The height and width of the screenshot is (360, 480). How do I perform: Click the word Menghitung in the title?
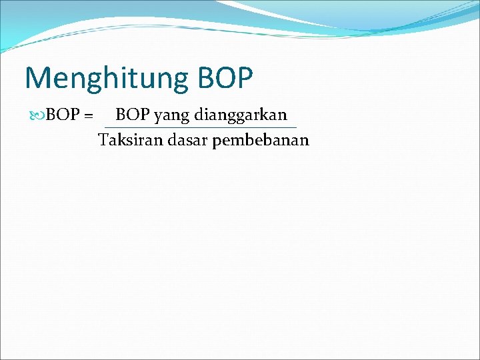pyautogui.click(x=107, y=78)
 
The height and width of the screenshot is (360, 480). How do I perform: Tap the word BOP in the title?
pyautogui.click(x=225, y=77)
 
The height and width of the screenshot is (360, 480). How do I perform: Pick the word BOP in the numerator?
pyautogui.click(x=133, y=115)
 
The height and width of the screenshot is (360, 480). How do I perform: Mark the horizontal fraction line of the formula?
pyautogui.click(x=200, y=127)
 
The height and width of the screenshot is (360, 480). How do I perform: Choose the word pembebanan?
pyautogui.click(x=261, y=141)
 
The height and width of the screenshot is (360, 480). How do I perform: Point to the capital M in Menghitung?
pyautogui.click(x=37, y=77)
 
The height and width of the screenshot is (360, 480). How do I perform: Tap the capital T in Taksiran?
pyautogui.click(x=102, y=140)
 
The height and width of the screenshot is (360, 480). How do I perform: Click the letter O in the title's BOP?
pyautogui.click(x=226, y=77)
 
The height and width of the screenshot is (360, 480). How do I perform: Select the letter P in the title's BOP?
pyautogui.click(x=245, y=77)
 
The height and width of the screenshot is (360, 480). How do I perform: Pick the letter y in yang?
pyautogui.click(x=158, y=117)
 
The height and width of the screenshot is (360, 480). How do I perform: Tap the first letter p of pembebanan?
pyautogui.click(x=217, y=142)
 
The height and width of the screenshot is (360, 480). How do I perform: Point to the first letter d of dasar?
pyautogui.click(x=171, y=140)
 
